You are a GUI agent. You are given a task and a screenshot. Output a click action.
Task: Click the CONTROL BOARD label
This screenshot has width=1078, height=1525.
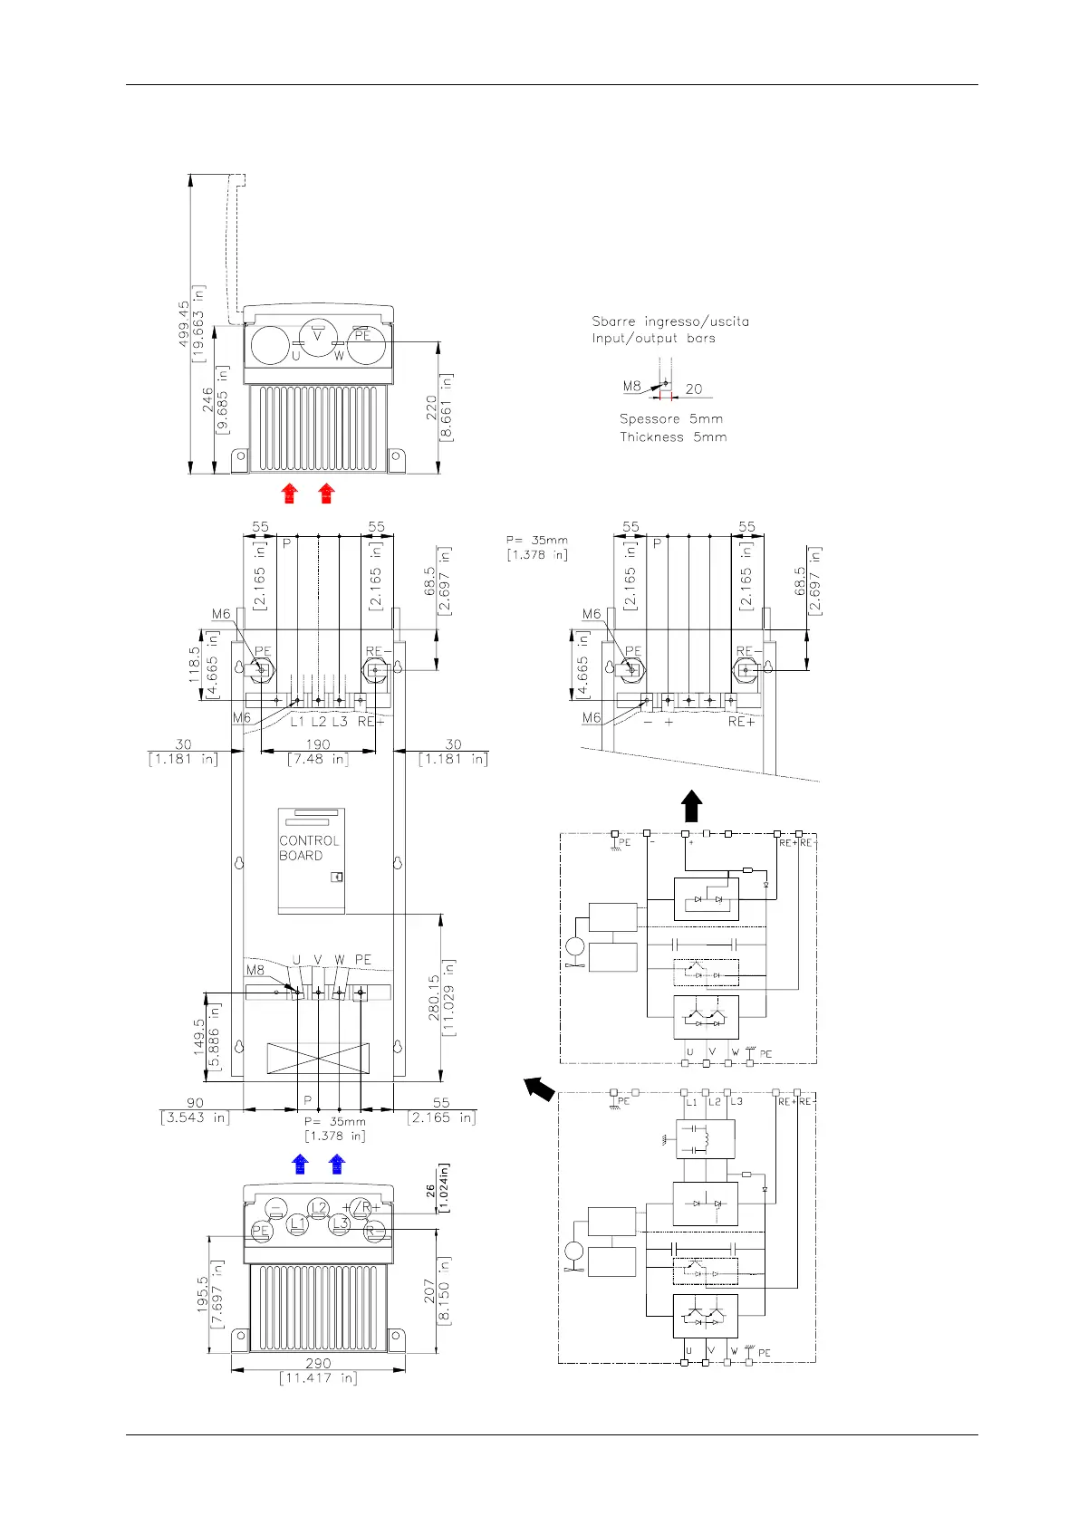[x=309, y=848]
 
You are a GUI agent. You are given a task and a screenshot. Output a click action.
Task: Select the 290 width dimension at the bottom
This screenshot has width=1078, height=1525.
[x=318, y=1362]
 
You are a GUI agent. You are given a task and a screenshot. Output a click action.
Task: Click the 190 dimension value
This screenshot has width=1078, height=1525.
[x=318, y=744]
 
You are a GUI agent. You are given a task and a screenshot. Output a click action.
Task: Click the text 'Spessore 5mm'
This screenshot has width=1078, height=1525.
[x=671, y=419]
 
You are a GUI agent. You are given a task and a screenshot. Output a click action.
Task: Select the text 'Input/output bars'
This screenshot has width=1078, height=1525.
[x=653, y=339]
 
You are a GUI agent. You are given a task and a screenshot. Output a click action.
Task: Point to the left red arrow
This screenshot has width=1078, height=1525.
[x=289, y=493]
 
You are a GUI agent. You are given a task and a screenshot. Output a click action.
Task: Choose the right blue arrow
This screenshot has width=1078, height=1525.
[x=337, y=1165]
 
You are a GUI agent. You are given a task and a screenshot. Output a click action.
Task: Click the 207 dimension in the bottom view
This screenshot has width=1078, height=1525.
[x=430, y=1291]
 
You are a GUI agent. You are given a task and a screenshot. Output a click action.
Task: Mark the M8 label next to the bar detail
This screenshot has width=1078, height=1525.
[x=631, y=387]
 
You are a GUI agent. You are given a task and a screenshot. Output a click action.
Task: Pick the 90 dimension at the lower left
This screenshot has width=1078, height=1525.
[x=195, y=1102]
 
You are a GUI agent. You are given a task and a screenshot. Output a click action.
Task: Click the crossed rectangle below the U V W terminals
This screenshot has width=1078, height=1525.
[x=318, y=1057]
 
